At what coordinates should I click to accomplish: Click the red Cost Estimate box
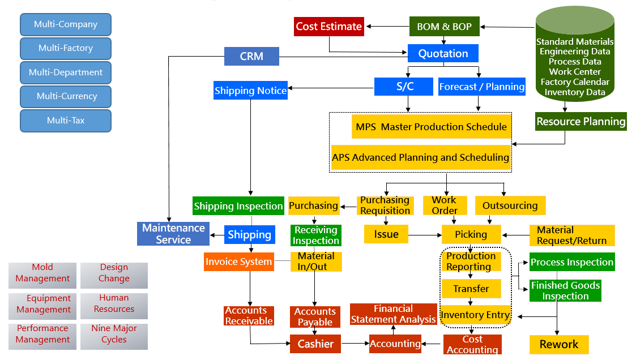pos(328,27)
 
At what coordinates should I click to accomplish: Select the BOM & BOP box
pos(444,27)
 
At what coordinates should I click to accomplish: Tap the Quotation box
pos(443,54)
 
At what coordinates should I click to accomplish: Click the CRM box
pos(251,56)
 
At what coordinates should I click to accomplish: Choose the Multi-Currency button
pos(66,96)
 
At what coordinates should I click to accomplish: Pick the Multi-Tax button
pos(66,121)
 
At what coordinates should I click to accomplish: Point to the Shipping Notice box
pos(250,91)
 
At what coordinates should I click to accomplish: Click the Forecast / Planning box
pos(481,87)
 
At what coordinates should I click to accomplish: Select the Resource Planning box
pos(580,121)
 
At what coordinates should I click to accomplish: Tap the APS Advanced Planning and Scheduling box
pos(420,157)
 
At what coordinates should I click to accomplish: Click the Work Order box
pos(445,205)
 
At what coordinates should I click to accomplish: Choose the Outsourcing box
pos(510,205)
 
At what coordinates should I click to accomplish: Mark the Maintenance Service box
pos(173,234)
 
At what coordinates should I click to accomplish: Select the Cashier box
pos(315,344)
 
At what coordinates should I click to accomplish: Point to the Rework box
pos(558,344)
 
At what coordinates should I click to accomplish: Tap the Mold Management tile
pos(42,273)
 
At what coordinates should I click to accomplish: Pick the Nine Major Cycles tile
pos(114,334)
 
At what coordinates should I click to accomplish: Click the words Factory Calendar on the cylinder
pos(575,82)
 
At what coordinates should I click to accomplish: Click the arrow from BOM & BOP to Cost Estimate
pos(387,27)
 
